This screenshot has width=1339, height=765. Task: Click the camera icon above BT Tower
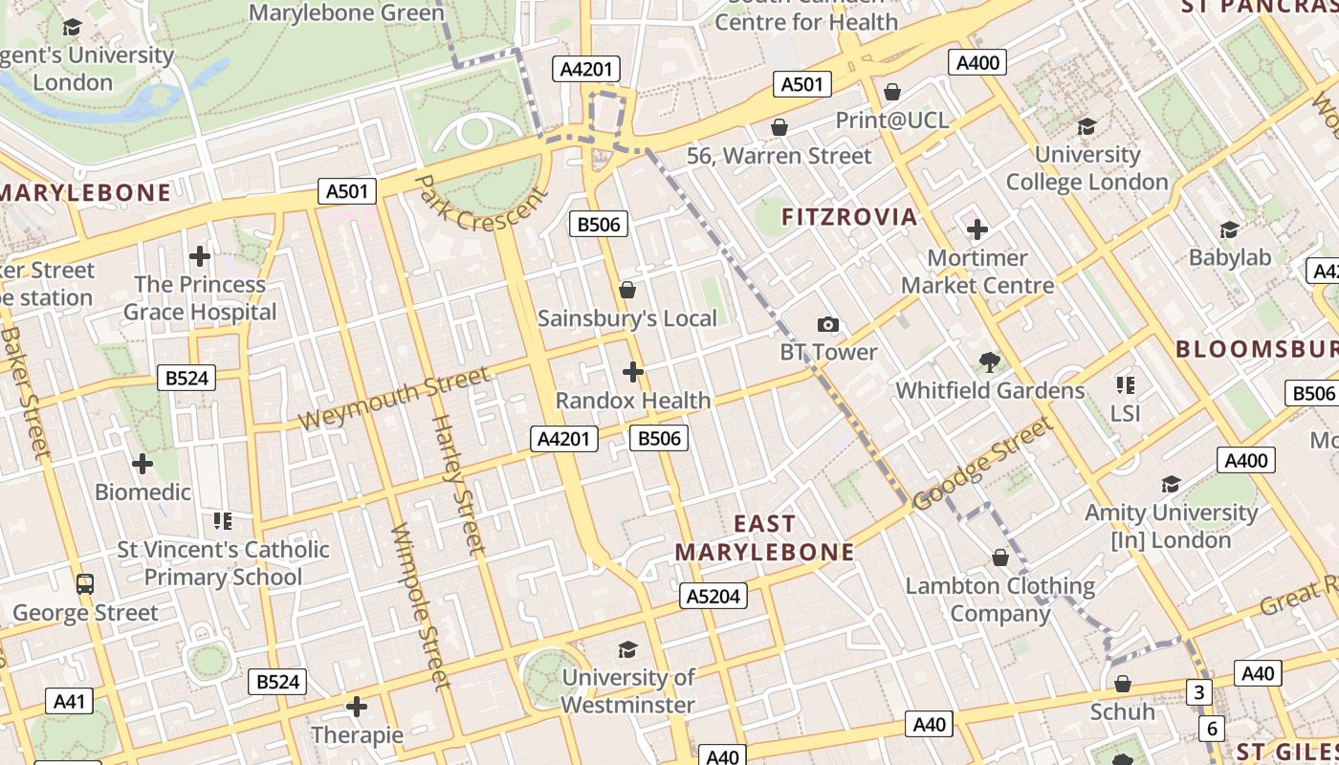(828, 325)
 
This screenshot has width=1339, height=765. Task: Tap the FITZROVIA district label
(849, 217)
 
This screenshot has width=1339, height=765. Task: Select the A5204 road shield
(713, 597)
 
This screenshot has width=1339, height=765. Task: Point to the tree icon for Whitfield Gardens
(990, 362)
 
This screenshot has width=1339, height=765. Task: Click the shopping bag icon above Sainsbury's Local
(627, 290)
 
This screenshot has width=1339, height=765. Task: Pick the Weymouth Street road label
(393, 399)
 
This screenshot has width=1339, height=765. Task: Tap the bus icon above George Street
(85, 583)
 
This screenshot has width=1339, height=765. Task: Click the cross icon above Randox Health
(632, 372)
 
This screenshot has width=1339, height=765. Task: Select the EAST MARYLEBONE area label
(764, 538)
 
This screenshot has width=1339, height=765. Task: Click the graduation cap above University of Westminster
(627, 650)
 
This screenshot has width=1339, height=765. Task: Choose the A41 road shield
(69, 702)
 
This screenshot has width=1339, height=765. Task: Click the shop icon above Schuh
(1123, 684)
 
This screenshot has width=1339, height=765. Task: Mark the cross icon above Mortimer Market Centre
(977, 229)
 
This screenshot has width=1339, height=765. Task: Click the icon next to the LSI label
(1126, 385)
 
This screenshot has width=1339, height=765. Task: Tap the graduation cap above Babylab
(1229, 229)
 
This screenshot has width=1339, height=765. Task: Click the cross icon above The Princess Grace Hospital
(199, 256)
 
